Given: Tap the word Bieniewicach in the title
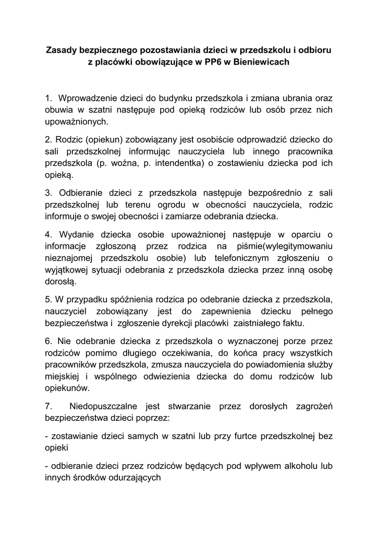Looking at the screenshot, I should click(263, 62).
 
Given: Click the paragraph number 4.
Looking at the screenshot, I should click(48, 233).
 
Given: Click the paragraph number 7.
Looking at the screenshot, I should click(48, 405).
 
